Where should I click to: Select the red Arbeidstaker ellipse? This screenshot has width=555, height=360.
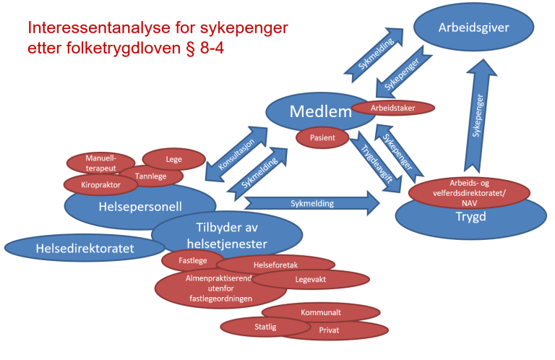tap(392, 108)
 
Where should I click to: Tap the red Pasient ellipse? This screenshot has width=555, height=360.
tap(322, 137)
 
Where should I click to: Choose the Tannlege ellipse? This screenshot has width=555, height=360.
tap(152, 175)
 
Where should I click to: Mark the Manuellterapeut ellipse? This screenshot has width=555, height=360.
tap(100, 163)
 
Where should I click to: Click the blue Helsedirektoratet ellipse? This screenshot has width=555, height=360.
tap(85, 248)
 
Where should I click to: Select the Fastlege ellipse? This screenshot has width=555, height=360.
tap(192, 259)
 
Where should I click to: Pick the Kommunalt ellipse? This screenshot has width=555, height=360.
tap(320, 312)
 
